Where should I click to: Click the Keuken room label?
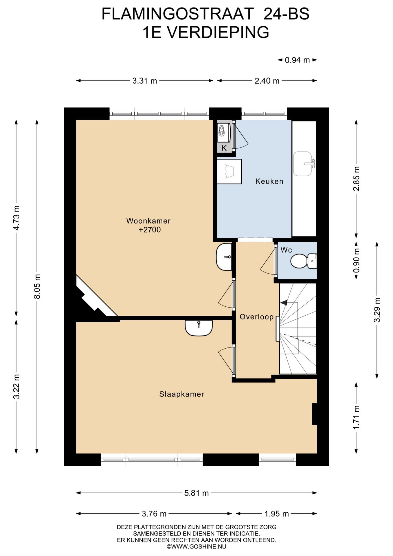coord(269,182)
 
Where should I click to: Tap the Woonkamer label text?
coord(148,221)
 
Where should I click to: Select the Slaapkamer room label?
coord(182,394)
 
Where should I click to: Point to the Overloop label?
coord(257,317)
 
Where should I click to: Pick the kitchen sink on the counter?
coord(304,164)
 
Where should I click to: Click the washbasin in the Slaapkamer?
coord(199,328)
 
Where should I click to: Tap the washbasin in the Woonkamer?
coord(224,257)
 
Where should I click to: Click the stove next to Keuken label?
coord(229,171)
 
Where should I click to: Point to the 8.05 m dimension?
coord(37,286)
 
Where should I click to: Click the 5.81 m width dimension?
coord(197,493)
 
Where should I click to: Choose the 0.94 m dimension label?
coord(297,60)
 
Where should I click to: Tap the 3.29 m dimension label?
coord(377,310)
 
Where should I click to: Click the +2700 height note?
coord(150,230)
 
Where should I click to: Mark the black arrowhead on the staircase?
coord(283,303)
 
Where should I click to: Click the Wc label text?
coord(286,250)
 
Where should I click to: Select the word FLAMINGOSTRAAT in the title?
coord(178,14)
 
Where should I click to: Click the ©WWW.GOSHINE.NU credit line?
coord(197,547)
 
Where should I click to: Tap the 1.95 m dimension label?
coord(277,514)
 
